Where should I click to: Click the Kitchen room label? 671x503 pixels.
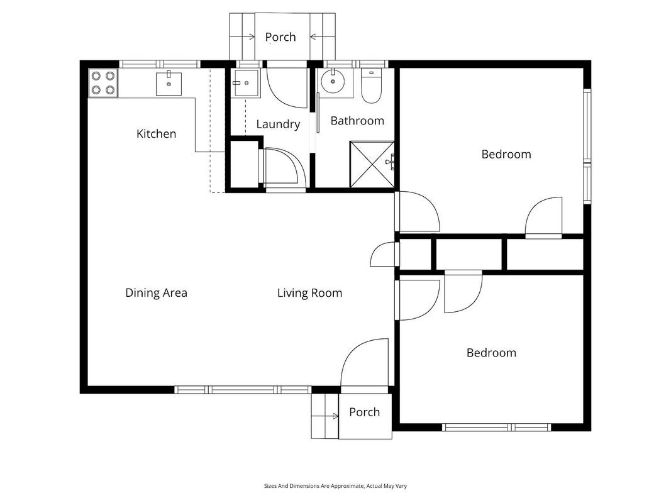[x=156, y=134]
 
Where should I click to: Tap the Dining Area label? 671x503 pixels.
[x=156, y=293]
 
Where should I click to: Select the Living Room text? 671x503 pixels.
[x=310, y=293]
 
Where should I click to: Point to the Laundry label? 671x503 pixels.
[x=278, y=124]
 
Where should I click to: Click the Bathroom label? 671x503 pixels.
[x=357, y=121]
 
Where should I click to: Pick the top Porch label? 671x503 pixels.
[x=280, y=37]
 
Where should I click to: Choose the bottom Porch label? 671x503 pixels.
[x=365, y=412]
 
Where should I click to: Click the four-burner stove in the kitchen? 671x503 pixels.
[x=103, y=83]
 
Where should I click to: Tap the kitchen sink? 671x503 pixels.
[x=169, y=84]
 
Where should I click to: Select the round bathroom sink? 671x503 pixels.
[x=333, y=81]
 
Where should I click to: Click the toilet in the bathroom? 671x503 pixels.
[x=370, y=86]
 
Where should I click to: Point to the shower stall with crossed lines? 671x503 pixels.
[x=372, y=164]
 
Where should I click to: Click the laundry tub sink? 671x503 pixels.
[x=245, y=83]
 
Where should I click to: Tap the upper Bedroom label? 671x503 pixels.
[x=506, y=155]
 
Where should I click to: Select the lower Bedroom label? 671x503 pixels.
[x=491, y=353]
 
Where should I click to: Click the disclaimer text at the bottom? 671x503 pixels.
[x=336, y=486]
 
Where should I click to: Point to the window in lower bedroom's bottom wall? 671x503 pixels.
[x=496, y=427]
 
